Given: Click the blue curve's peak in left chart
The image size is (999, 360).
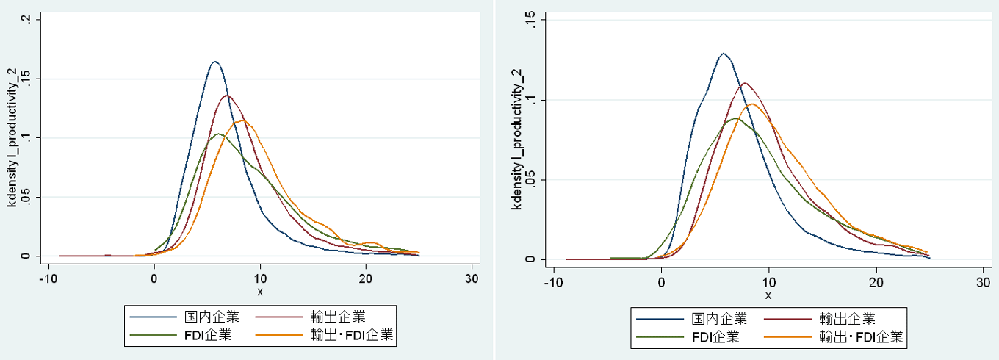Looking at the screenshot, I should coord(215,62).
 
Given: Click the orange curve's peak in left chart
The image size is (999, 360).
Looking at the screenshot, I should coord(242,120).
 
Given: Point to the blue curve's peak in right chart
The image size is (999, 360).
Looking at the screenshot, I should coord(724,54).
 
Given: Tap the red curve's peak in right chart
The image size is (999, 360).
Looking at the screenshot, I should coord(745,83).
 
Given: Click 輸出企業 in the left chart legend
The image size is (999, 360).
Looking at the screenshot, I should coord(339,317).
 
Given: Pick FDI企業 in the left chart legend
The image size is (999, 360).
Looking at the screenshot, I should coord(208,336).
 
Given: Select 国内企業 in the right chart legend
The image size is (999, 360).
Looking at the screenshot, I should coord(719,319).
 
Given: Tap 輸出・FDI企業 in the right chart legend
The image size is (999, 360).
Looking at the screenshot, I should coord(861,338).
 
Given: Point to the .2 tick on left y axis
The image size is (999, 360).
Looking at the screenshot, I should coord(26,19).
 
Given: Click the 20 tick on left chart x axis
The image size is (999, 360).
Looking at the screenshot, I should coord(366,278).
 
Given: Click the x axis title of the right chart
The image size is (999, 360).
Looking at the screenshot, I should coord(768,295).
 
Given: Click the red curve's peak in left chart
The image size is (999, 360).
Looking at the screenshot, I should coord(227,96).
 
